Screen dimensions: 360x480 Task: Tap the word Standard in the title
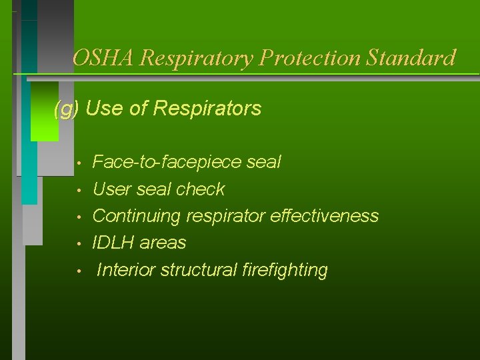click(412, 58)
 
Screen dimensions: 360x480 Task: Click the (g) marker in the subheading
click(66, 108)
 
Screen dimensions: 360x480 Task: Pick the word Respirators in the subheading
click(207, 108)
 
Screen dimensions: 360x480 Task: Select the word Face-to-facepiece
click(167, 162)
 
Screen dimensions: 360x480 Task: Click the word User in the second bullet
click(112, 189)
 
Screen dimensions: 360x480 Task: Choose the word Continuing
click(137, 216)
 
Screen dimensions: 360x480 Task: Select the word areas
click(163, 243)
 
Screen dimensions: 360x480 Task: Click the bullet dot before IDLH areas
click(79, 244)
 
